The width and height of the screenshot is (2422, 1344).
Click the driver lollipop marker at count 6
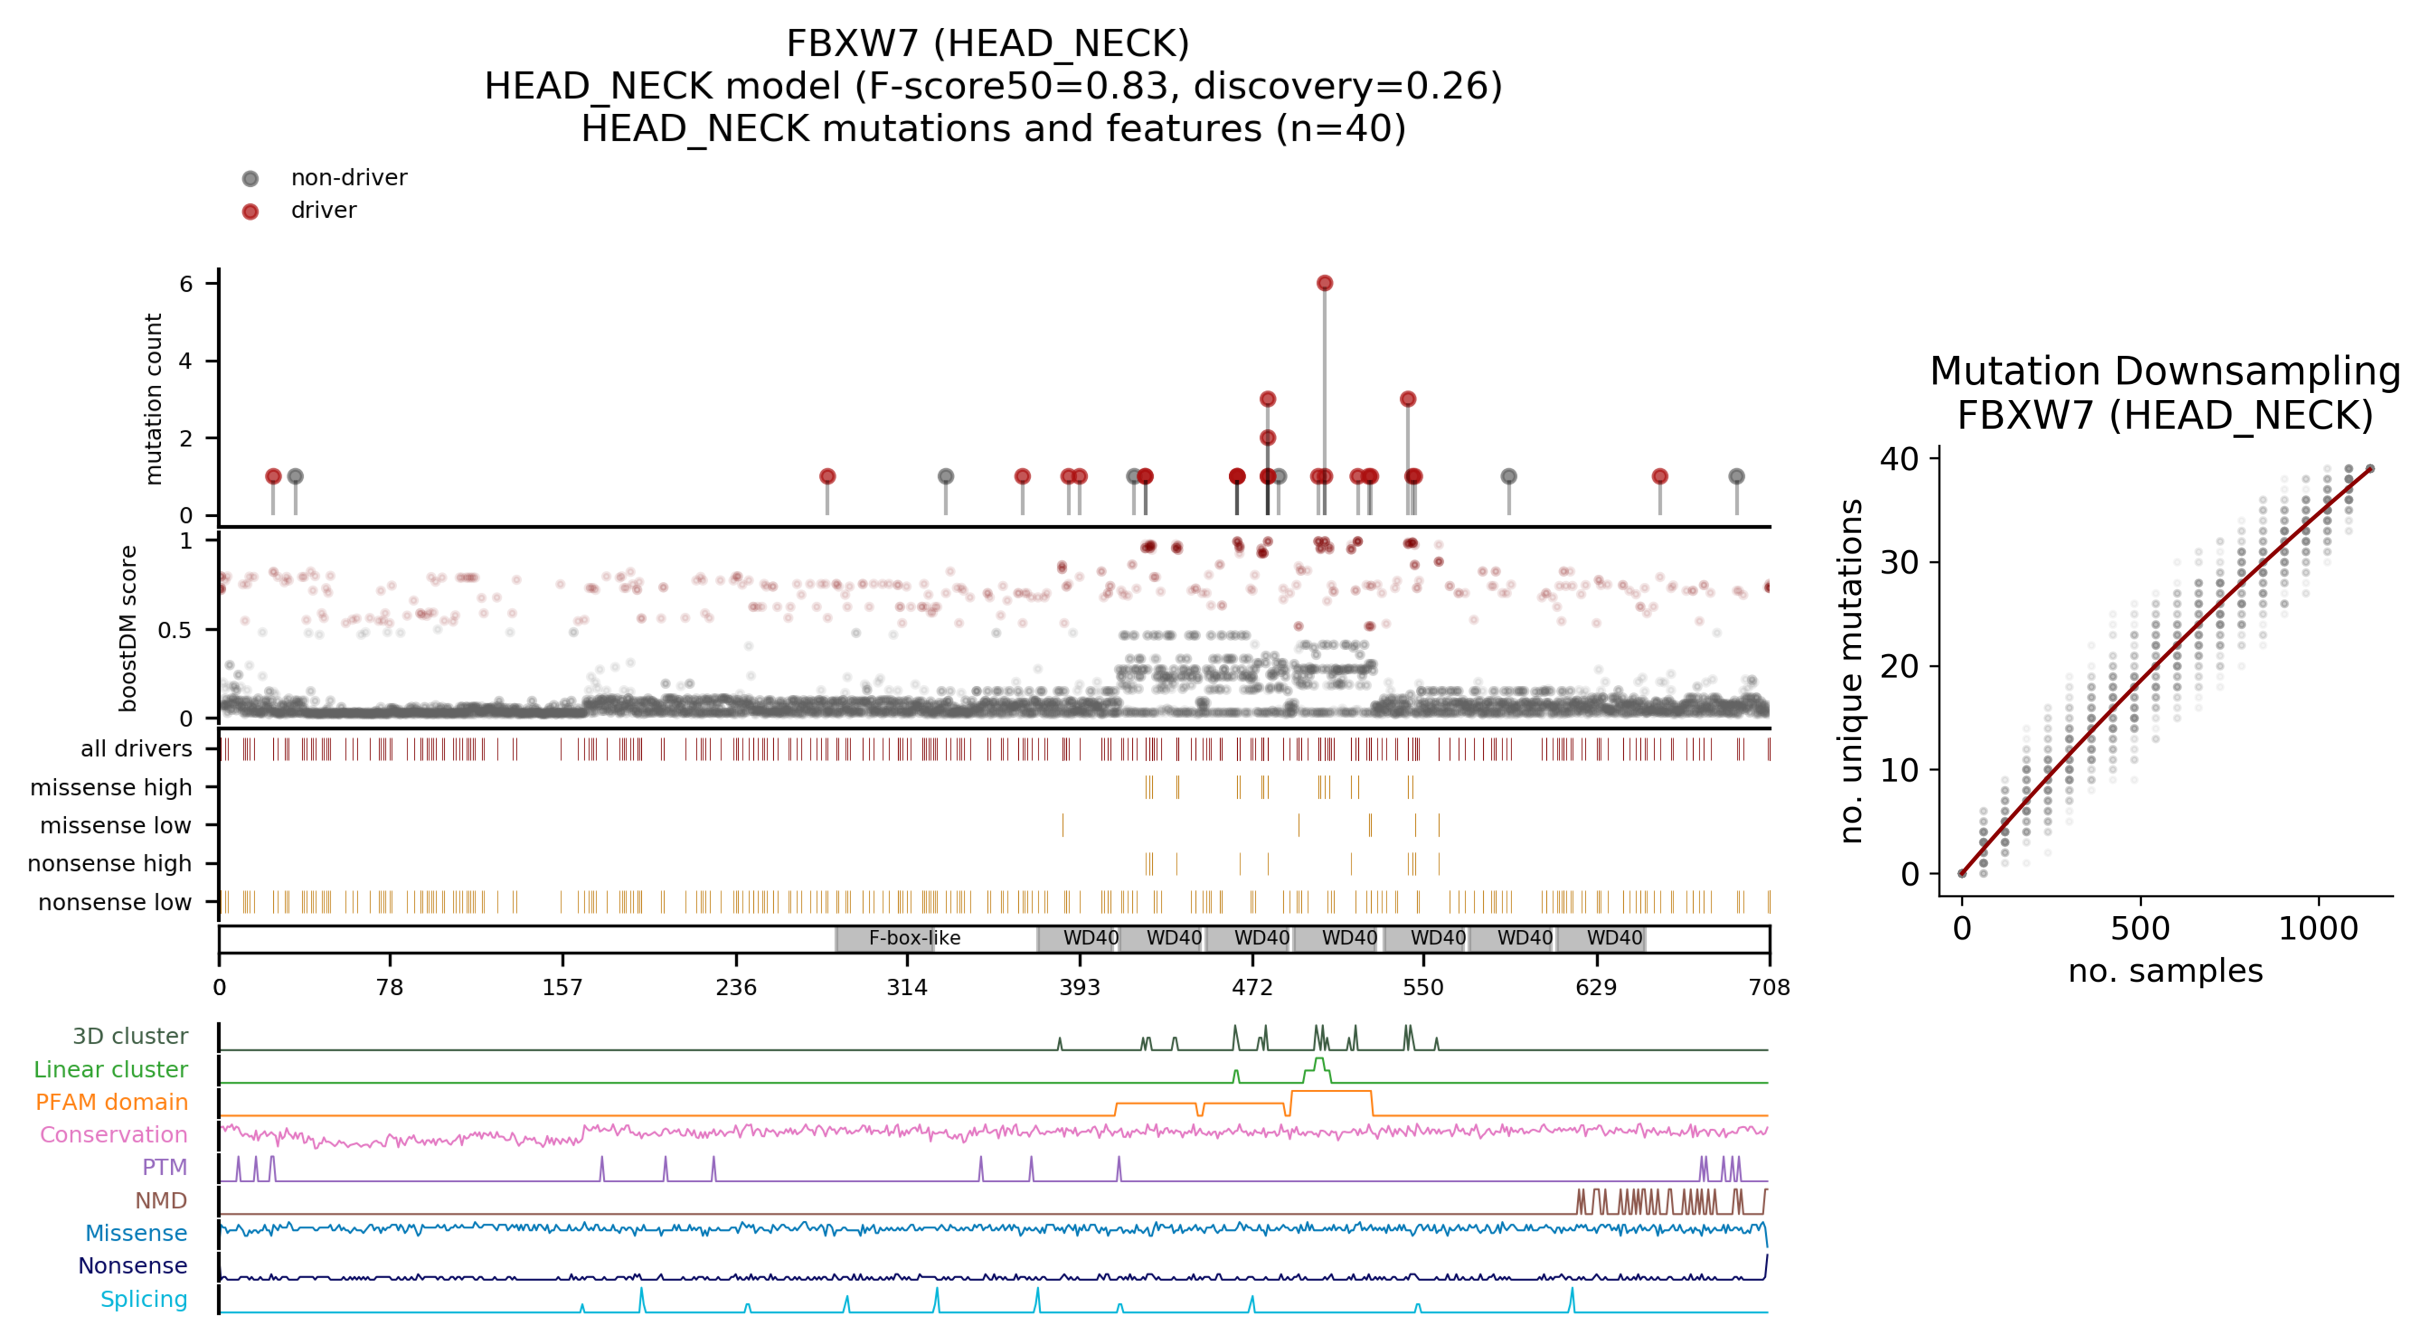(1324, 283)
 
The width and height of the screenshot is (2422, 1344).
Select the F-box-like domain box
(914, 938)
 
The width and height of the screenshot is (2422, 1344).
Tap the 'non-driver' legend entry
(348, 178)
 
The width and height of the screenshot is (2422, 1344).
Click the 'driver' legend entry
(324, 210)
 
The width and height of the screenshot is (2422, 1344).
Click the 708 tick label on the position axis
(1768, 987)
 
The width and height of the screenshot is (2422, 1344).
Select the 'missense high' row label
(111, 788)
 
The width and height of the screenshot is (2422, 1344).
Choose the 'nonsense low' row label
(115, 902)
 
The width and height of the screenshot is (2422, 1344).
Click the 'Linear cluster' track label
(111, 1070)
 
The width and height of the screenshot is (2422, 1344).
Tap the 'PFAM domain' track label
(112, 1102)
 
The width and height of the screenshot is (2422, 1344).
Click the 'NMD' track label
(161, 1200)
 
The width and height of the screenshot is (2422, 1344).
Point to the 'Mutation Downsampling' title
(2165, 371)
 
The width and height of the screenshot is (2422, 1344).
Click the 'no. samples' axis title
(2165, 971)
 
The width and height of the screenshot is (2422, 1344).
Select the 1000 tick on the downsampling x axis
(2318, 929)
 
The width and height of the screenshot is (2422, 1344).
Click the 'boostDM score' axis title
(128, 628)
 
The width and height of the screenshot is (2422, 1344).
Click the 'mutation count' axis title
(152, 399)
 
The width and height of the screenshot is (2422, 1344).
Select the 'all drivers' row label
(136, 749)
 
